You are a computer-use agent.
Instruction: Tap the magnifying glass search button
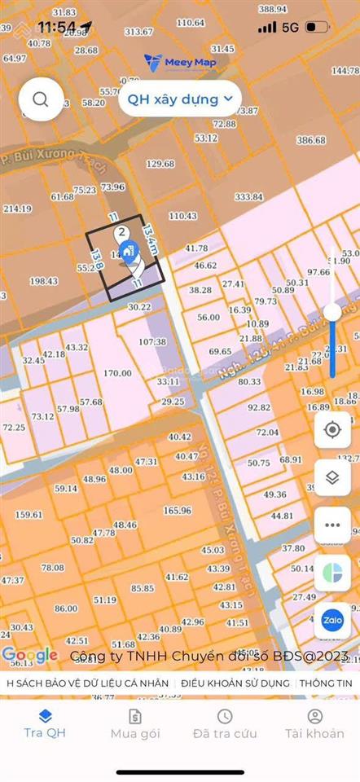[x=41, y=99]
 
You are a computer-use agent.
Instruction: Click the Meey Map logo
[x=174, y=61]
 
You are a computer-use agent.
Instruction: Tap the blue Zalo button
[x=332, y=619]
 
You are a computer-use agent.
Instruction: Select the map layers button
[x=332, y=477]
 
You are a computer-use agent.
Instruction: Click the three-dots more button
[x=332, y=525]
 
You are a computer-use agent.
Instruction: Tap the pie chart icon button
[x=332, y=572]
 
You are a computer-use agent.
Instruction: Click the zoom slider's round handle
[x=332, y=311]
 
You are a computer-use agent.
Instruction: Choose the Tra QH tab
[x=45, y=723]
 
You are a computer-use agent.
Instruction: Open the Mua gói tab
[x=135, y=723]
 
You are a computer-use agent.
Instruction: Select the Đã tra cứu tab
[x=224, y=723]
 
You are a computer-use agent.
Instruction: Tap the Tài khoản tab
[x=314, y=723]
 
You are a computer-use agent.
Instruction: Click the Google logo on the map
[x=30, y=654]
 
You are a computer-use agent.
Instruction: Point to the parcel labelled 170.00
[x=117, y=373]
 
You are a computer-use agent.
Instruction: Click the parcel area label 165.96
[x=177, y=511]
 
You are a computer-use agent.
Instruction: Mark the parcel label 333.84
[x=248, y=197]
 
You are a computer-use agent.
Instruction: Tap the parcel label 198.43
[x=44, y=281]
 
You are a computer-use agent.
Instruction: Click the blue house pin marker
[x=126, y=249]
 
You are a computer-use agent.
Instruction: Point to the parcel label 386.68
[x=311, y=140]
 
